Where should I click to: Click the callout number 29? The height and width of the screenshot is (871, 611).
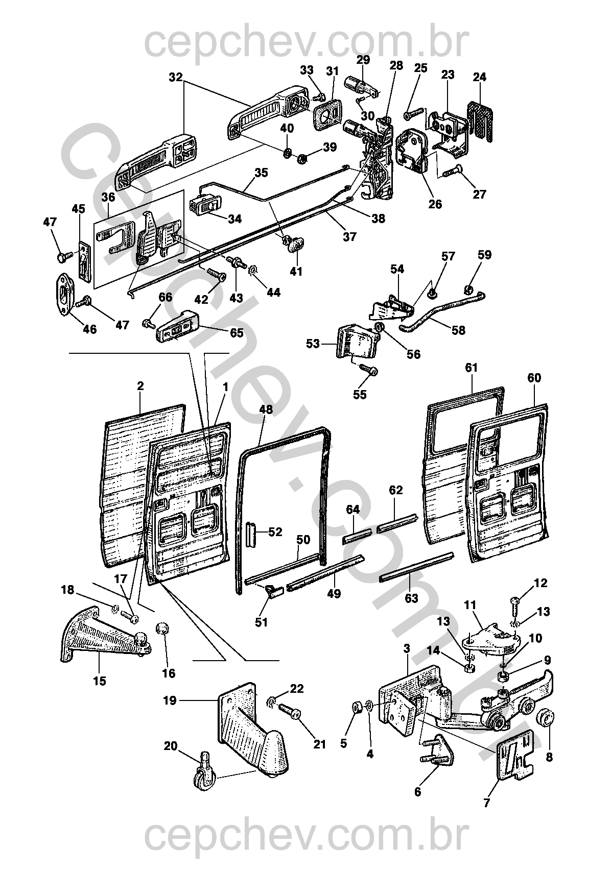(x=363, y=60)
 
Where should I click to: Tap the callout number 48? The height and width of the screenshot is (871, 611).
(x=266, y=409)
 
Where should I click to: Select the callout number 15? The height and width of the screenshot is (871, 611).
(x=100, y=681)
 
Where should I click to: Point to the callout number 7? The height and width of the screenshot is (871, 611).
(x=486, y=803)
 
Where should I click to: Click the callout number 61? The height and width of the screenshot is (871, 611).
(x=471, y=368)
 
